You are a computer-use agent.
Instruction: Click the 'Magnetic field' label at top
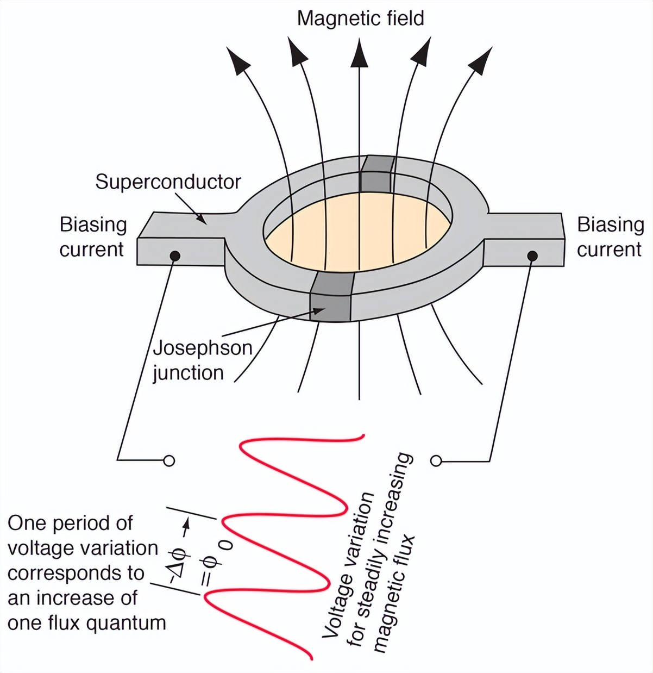click(360, 18)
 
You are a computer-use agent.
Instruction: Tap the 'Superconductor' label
click(168, 182)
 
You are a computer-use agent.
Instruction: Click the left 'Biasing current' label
click(92, 237)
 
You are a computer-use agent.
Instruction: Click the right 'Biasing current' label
click(610, 237)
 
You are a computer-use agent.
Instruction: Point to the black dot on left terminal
click(175, 256)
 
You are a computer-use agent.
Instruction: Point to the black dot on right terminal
click(532, 256)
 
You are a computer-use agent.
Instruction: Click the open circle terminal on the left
click(169, 461)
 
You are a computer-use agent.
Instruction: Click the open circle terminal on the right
click(436, 461)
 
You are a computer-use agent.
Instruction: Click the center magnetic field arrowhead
click(359, 54)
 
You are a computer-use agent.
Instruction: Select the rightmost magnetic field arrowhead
click(481, 60)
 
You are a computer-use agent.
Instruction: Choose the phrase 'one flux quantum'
click(87, 623)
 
